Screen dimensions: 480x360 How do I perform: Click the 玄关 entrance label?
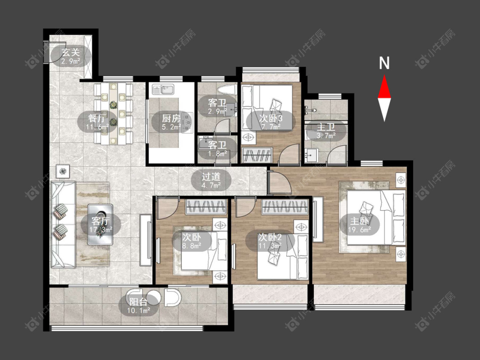71,52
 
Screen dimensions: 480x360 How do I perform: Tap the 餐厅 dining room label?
97,118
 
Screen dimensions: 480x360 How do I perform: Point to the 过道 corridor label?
211,177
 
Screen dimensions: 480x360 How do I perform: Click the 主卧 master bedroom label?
359,221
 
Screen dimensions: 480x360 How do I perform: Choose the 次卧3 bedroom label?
271,118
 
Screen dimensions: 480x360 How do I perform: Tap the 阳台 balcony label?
138,302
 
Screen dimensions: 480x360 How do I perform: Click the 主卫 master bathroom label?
326,127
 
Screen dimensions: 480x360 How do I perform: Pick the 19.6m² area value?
359,229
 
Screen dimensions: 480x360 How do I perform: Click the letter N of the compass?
384,63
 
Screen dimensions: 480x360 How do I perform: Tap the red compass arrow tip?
384,76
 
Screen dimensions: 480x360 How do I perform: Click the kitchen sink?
163,90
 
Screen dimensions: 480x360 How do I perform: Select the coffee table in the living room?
100,224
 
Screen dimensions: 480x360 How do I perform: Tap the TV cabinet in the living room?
146,240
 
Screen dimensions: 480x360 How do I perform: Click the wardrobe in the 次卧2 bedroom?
285,206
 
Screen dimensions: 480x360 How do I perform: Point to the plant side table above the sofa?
63,171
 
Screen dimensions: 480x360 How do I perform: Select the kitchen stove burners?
187,122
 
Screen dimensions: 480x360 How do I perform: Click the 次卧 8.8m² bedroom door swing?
167,208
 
